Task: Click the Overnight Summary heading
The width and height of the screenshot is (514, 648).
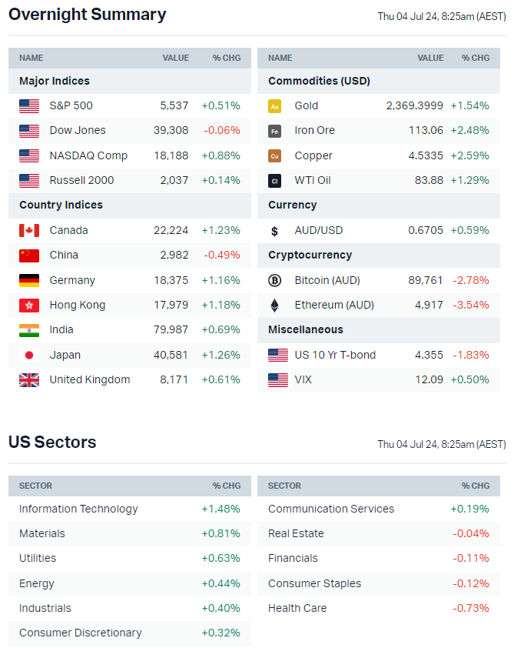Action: (x=87, y=15)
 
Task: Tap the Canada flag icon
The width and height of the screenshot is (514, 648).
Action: (x=29, y=230)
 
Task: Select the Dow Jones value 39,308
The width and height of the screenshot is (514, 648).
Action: (x=171, y=130)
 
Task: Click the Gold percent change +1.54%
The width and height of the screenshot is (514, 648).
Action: (x=469, y=105)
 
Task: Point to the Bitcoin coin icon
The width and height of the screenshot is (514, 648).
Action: (x=275, y=280)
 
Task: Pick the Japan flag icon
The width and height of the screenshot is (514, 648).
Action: (x=29, y=355)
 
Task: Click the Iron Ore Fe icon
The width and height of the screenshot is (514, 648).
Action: (x=275, y=131)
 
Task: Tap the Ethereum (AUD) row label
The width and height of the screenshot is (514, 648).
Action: (x=334, y=305)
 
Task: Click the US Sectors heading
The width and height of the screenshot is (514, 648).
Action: (x=52, y=443)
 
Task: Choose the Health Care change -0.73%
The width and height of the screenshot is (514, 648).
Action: (x=471, y=608)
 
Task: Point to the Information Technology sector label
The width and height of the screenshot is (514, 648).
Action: (x=78, y=509)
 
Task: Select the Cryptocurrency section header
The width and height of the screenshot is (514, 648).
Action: (x=310, y=255)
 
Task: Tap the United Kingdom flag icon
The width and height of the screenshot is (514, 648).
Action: (x=29, y=379)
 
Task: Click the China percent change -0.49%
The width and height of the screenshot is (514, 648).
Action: (x=221, y=255)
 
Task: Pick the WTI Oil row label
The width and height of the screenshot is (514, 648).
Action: (x=313, y=180)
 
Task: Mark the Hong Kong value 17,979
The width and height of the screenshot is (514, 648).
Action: (x=171, y=305)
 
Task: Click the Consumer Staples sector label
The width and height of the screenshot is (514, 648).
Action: (x=314, y=583)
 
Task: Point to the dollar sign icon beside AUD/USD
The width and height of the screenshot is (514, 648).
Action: (x=275, y=230)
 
